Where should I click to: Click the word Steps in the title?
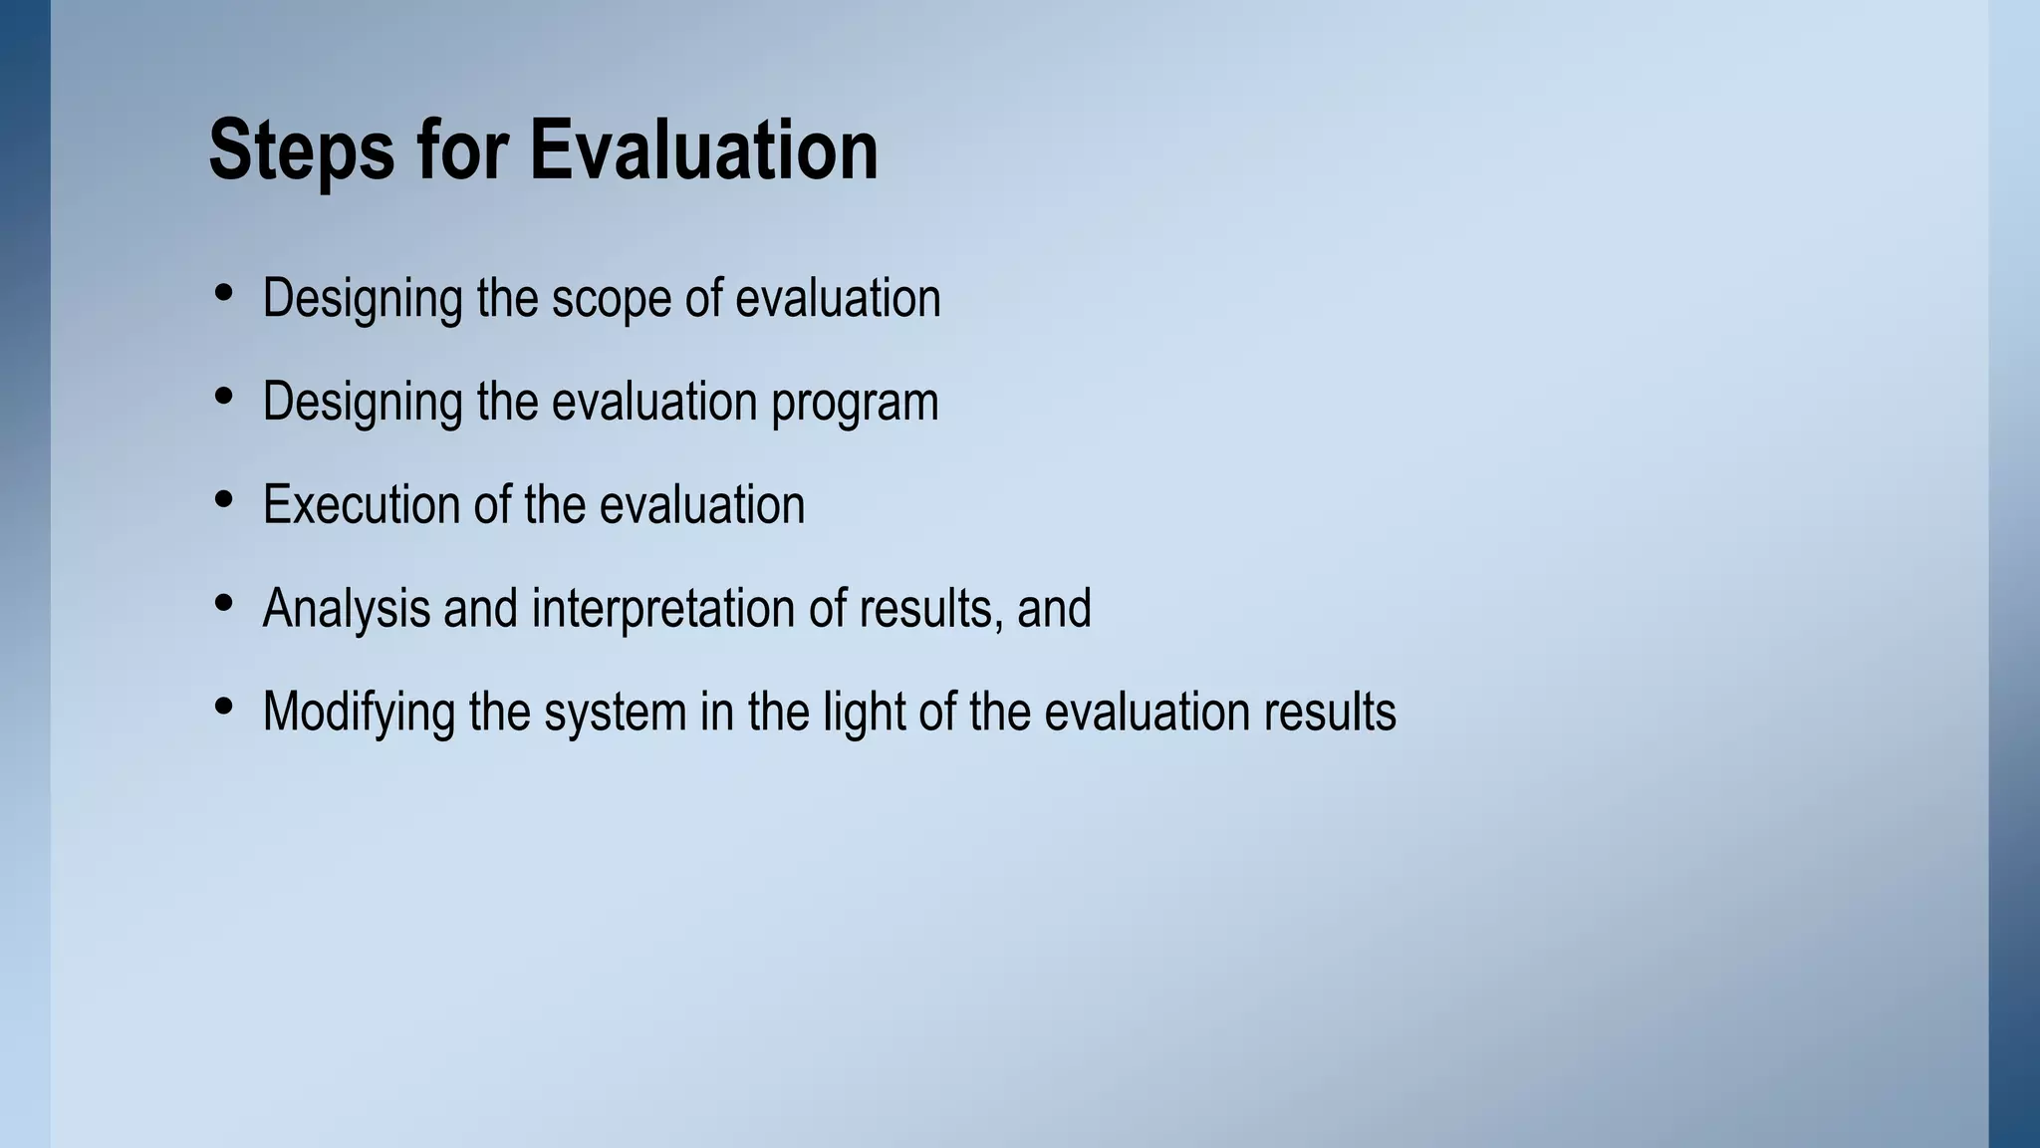tap(301, 151)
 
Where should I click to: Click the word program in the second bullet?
tap(855, 404)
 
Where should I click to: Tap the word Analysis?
tap(346, 609)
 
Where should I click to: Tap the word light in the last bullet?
tap(864, 713)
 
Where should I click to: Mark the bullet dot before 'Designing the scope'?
tap(224, 293)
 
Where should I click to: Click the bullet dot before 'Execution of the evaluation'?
tap(224, 499)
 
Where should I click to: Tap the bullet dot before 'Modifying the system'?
tap(224, 707)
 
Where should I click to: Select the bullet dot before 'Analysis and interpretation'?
tap(224, 603)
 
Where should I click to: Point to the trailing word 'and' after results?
tap(1054, 609)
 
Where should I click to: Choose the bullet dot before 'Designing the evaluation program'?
tap(224, 397)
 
